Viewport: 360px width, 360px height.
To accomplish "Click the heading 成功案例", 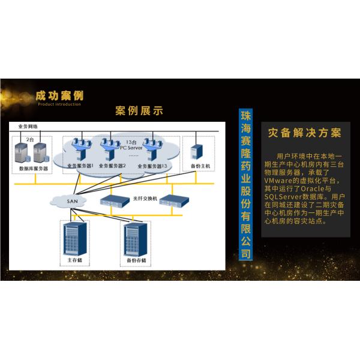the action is coord(59,96).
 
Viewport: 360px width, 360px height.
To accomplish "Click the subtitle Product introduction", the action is coord(59,104).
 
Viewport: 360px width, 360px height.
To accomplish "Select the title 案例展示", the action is coord(139,111).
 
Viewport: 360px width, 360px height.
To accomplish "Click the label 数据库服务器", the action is coord(34,169).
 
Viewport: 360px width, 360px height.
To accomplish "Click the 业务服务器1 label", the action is coord(79,166).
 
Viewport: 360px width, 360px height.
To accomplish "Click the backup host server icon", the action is coord(196,151).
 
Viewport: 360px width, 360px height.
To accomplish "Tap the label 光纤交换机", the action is coord(143,197).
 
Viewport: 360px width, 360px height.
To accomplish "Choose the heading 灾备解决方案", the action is coord(304,133).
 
